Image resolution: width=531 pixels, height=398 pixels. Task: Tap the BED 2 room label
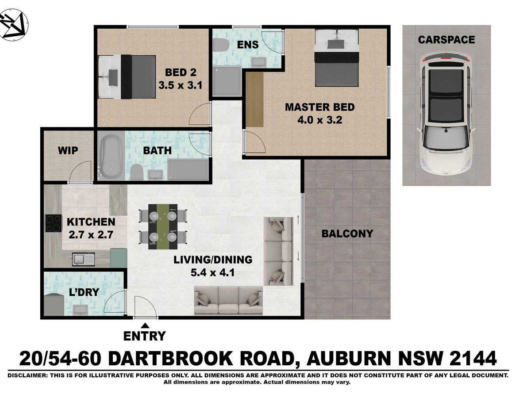[x=181, y=72]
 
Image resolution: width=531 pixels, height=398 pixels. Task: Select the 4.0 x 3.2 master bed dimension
[x=319, y=120]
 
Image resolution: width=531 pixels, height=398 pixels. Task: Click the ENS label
[x=248, y=45]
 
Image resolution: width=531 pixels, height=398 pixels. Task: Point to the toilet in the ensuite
[x=221, y=45]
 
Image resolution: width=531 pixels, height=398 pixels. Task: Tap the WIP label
[x=68, y=150]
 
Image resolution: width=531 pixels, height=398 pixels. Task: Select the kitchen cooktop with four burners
[x=54, y=223]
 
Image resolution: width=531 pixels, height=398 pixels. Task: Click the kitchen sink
[x=83, y=259]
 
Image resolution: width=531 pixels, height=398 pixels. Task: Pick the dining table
[x=163, y=227]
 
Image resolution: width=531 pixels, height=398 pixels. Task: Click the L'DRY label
[x=84, y=292]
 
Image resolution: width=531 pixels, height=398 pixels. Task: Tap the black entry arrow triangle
[x=145, y=325]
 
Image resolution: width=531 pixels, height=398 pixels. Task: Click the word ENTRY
[x=144, y=336]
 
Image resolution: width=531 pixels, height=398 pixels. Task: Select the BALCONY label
[x=347, y=233]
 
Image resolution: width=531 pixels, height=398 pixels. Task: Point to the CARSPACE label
[x=446, y=40]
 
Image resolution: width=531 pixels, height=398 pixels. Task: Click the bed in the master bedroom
[x=336, y=58]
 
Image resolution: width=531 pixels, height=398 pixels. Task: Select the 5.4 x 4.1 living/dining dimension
[x=212, y=273]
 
